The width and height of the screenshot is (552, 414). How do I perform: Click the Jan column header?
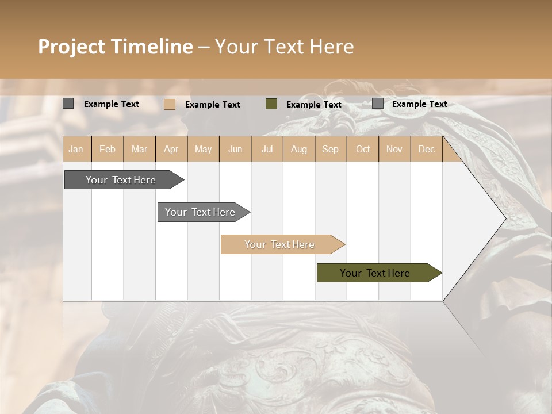[x=76, y=149]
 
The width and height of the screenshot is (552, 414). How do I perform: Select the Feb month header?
[x=108, y=149]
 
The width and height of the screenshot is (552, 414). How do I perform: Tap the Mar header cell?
[x=139, y=149]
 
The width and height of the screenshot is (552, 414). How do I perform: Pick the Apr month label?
[x=171, y=149]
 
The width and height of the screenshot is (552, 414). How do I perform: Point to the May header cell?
[x=203, y=149]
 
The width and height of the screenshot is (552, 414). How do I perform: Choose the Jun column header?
[x=235, y=149]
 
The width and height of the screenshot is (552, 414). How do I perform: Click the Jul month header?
[x=267, y=149]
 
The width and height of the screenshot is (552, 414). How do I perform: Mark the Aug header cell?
[x=298, y=149]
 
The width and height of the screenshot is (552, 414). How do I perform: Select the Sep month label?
[x=330, y=149]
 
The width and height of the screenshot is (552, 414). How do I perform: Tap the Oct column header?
[x=363, y=149]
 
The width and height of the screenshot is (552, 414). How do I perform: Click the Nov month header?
[x=394, y=149]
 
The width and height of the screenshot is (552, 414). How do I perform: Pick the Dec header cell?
[x=426, y=149]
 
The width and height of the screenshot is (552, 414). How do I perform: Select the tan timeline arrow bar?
[x=280, y=244]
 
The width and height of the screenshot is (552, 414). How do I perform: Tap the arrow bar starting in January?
[x=121, y=180]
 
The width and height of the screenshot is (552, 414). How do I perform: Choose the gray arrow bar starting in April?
[x=201, y=212]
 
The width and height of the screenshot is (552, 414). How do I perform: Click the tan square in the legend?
[x=169, y=104]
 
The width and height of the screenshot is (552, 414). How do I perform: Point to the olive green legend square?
[x=271, y=104]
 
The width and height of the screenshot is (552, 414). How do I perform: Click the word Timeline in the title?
[x=152, y=47]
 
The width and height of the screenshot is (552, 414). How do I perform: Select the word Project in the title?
[x=71, y=47]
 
